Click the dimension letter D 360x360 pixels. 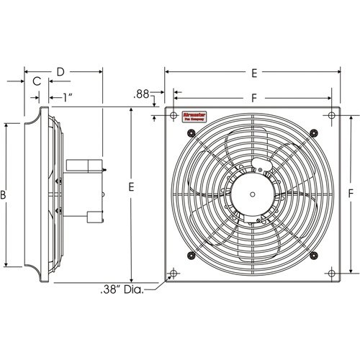pos(61,72)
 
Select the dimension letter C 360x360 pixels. pos(36,82)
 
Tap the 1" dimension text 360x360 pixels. pos(66,96)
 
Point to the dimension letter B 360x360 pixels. pos(4,195)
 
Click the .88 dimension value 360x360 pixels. pos(142,94)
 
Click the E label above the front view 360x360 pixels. pos(253,72)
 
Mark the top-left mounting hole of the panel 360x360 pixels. pos(173,115)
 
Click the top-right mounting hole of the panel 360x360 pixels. pos(331,115)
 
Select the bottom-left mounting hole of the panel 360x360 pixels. pos(173,274)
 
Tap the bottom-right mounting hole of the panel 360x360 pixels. pos(331,274)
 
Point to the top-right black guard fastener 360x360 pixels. pos(312,131)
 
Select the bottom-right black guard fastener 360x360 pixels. pos(312,257)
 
